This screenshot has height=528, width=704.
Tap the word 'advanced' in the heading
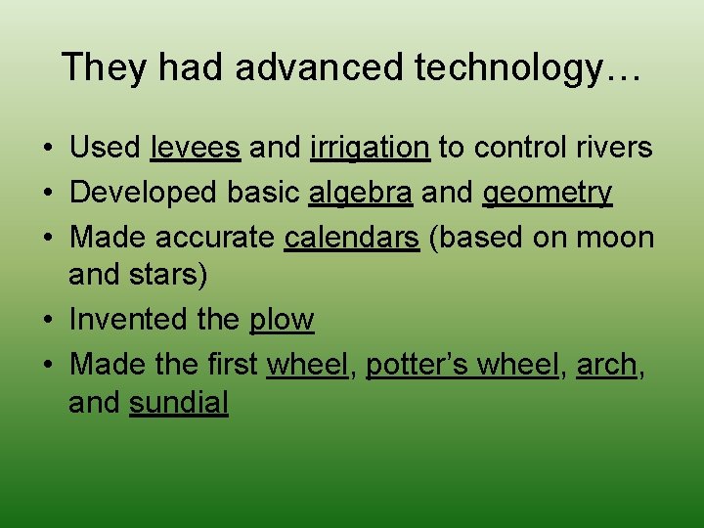[x=322, y=67]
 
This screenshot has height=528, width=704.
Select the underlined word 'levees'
[x=196, y=148]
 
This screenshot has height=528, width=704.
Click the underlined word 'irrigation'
[x=370, y=148]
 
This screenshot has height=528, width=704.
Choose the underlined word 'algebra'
[x=360, y=193]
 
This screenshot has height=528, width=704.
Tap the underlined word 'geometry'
[x=548, y=193]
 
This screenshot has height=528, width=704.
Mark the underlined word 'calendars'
[x=352, y=238]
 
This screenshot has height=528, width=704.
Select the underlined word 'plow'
[x=282, y=320]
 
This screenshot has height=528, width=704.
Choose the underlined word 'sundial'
[x=179, y=403]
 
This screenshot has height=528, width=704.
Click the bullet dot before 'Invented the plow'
[x=48, y=321]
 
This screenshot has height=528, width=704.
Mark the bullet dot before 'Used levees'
[x=48, y=149]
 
